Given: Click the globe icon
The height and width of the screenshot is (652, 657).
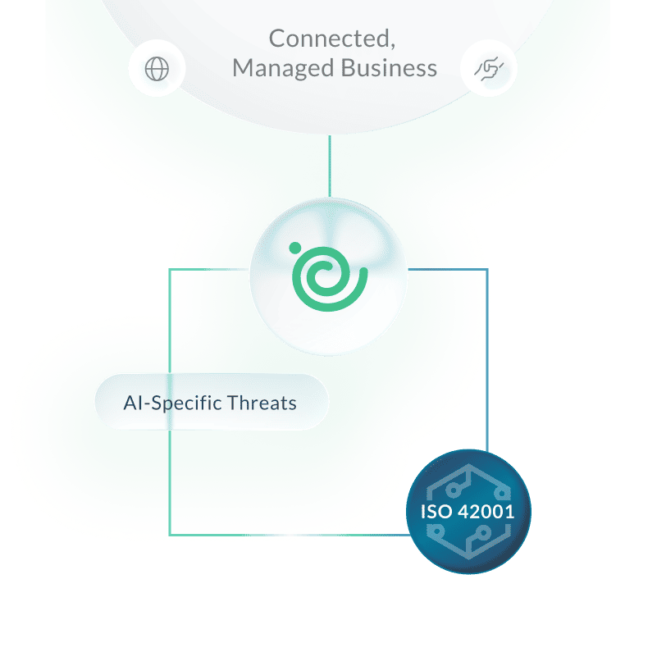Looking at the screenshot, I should pyautogui.click(x=156, y=69).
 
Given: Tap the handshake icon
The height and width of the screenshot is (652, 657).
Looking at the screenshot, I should pyautogui.click(x=489, y=69).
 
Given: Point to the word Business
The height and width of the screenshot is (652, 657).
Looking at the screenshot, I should pyautogui.click(x=389, y=68).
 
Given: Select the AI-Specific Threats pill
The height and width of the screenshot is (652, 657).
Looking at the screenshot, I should pyautogui.click(x=211, y=402).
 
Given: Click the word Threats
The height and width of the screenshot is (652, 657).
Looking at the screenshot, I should pyautogui.click(x=262, y=403).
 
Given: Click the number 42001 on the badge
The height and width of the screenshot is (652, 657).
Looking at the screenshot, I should pyautogui.click(x=486, y=512).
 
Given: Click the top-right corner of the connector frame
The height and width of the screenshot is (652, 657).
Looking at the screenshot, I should pyautogui.click(x=487, y=269).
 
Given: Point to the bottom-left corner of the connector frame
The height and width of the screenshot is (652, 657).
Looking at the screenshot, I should pyautogui.click(x=170, y=534).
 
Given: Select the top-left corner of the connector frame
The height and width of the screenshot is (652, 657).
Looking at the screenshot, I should pyautogui.click(x=170, y=269).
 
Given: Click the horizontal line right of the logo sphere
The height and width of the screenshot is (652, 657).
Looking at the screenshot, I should pyautogui.click(x=447, y=269).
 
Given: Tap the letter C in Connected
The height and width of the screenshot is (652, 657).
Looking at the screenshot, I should pyautogui.click(x=276, y=39).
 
